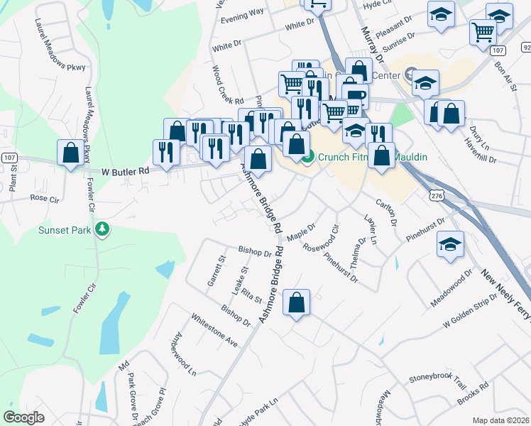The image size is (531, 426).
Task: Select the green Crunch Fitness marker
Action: click(x=307, y=158)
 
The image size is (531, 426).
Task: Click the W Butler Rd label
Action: click(x=126, y=171)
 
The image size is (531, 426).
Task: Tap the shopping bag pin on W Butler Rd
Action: click(x=70, y=153)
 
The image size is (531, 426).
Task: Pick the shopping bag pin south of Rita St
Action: click(x=297, y=302)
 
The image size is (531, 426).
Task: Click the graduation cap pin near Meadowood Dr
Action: click(x=449, y=246)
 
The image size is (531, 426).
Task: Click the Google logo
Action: click(x=24, y=417)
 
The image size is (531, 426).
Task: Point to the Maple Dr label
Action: click(x=301, y=231)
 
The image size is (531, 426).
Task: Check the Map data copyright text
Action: click(x=501, y=420)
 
